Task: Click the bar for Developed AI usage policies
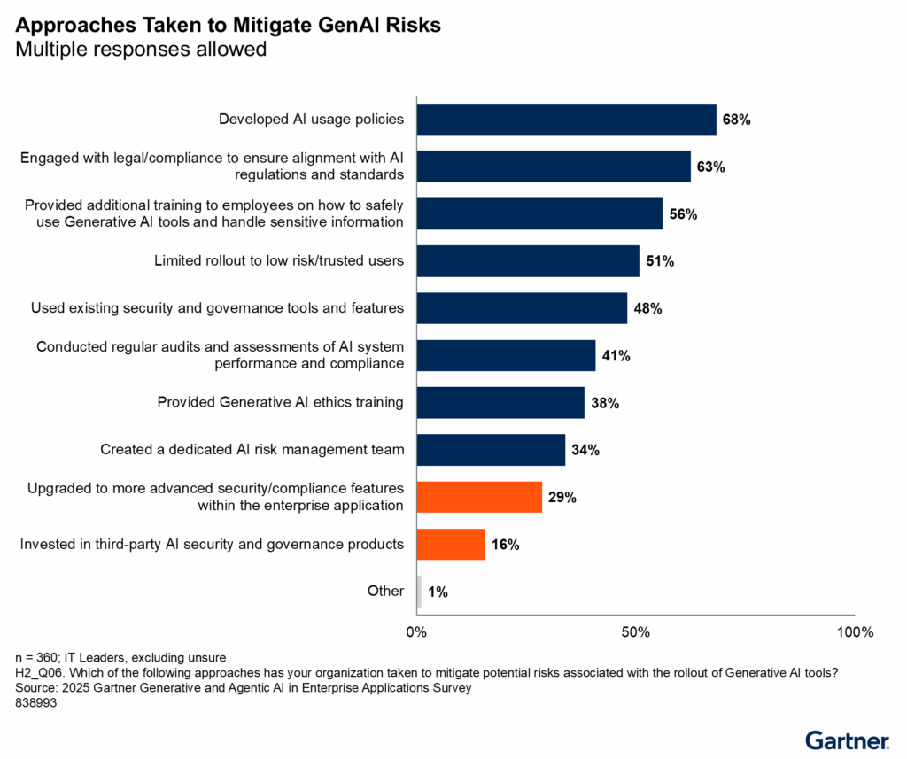pos(566,119)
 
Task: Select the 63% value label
pos(710,167)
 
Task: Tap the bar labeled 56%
pos(539,213)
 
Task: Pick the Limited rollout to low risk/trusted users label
pos(279,260)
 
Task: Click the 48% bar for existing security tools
pos(522,308)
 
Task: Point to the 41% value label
pos(616,356)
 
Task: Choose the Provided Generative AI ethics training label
pos(280,402)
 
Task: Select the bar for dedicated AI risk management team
pos(491,450)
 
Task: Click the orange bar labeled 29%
pos(479,497)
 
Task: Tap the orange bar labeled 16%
pos(451,544)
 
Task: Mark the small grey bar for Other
pos(419,591)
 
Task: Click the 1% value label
pos(437,592)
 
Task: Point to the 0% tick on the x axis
pos(416,632)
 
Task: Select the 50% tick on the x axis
pos(636,632)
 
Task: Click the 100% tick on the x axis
pos(855,632)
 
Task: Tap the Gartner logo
pos(848,740)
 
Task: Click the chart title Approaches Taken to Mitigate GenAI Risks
pos(228,26)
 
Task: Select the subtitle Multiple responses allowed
pos(141,50)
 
